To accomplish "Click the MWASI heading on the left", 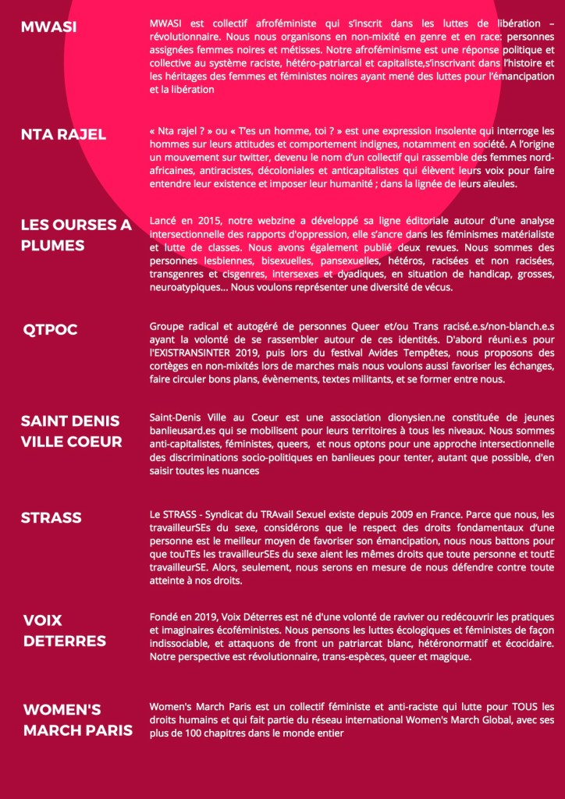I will pos(48,28).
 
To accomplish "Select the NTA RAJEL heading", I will pos(63,134).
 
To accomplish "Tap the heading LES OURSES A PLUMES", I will pos(76,235).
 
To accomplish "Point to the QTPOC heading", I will pos(51,330).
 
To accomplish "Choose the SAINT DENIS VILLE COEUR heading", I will pos(71,431).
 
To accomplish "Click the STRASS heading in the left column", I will pos(52,517).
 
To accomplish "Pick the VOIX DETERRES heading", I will pos(64,630).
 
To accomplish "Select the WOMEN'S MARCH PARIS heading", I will pos(77,720).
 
